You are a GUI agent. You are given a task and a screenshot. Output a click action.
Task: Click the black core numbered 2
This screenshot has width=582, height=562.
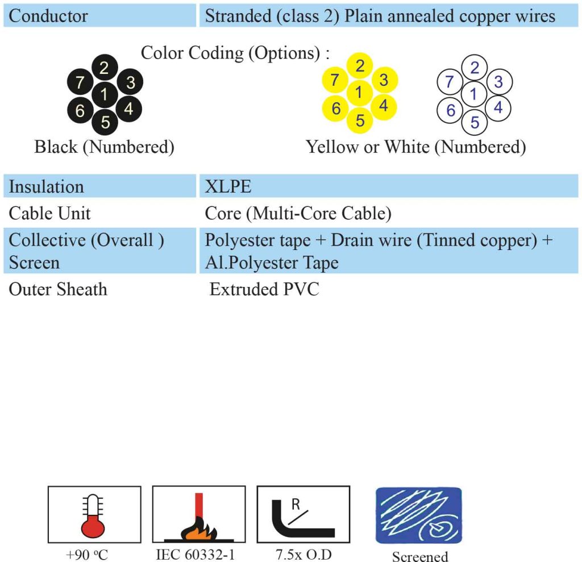pos(105,68)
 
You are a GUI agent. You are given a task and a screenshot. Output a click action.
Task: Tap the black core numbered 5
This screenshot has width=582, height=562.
pos(105,122)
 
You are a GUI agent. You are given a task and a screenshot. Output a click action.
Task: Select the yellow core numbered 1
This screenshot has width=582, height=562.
pos(359,93)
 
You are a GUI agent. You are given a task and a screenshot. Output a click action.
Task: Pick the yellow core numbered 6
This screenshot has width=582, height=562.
pos(335,109)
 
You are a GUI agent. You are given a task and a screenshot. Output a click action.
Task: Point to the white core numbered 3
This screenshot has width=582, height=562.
pos(499,82)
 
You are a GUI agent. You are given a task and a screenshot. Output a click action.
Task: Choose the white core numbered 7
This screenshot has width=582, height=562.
pos(450,81)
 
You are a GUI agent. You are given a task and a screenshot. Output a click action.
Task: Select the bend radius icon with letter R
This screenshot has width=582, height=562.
pos(304,514)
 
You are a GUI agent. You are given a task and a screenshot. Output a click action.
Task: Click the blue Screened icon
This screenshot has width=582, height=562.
pos(419,515)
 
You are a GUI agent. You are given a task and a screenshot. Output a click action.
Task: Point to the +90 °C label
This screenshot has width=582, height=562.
pos(87,555)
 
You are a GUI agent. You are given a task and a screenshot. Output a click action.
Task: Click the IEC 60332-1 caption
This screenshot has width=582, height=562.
pos(196,555)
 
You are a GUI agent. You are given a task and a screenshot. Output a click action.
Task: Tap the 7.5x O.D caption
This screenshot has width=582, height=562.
pos(304,555)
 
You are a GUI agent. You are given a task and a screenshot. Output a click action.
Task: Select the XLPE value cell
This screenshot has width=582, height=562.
pos(389,186)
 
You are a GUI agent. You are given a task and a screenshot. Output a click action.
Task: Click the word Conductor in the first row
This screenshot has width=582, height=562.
pos(48,16)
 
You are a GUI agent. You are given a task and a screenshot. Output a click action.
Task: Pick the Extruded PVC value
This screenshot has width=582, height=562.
pos(264,289)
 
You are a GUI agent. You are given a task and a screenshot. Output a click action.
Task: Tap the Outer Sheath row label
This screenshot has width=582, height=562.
pos(58,289)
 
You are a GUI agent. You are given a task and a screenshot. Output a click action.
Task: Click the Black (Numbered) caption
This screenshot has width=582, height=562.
pos(105,147)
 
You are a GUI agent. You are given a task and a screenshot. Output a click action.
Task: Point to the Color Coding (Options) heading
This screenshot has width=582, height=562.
pos(235,53)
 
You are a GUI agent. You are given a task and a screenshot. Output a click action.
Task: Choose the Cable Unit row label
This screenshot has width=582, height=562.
pos(50,214)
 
